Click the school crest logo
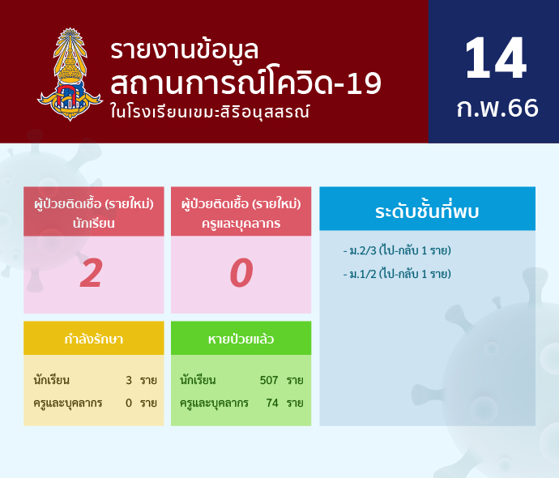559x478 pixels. (x=70, y=75)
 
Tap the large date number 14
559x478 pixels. (x=496, y=58)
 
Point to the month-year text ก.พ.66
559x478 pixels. (x=497, y=108)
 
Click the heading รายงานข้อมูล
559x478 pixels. (x=184, y=50)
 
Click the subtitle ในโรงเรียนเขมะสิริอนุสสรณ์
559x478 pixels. (x=210, y=112)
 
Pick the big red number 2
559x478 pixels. (x=92, y=273)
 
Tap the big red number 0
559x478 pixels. (x=241, y=273)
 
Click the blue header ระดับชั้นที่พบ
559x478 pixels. (x=427, y=211)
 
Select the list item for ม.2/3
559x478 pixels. (x=397, y=250)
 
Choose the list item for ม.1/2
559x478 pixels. (x=397, y=274)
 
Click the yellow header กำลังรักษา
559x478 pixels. (x=94, y=339)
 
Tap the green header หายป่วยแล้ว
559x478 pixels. (x=241, y=339)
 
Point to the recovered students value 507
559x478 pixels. (x=269, y=380)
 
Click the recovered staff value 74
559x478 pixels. (x=272, y=403)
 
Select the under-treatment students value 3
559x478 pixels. (x=129, y=380)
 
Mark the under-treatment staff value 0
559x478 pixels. (x=129, y=403)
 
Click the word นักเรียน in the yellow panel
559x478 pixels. (x=51, y=380)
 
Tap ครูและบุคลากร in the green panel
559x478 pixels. (x=214, y=403)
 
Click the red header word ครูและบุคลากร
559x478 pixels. (x=241, y=224)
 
